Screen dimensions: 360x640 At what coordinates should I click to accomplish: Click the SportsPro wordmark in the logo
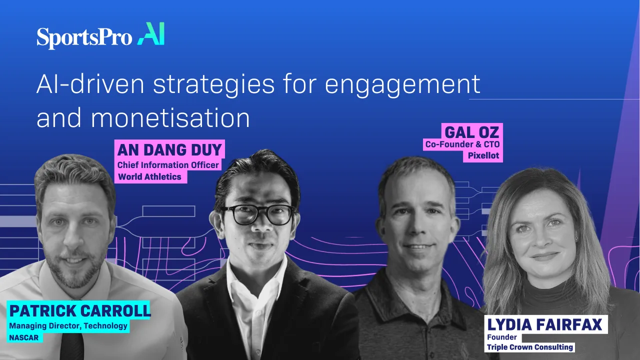(84, 38)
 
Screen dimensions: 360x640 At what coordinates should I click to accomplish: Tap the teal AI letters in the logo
(151, 34)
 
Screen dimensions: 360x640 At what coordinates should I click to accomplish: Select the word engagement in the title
(402, 84)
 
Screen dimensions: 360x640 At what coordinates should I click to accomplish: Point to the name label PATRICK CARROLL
(79, 310)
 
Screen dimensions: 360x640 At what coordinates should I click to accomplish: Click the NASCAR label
(24, 337)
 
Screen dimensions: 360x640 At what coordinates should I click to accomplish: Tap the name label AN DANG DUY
(170, 149)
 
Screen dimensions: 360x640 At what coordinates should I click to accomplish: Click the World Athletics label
(149, 176)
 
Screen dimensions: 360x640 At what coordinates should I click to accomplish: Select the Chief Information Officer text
(168, 165)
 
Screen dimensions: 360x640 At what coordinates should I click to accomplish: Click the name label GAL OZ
(471, 132)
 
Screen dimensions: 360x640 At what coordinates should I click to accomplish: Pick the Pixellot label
(483, 155)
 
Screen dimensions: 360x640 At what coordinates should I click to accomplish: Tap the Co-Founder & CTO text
(461, 144)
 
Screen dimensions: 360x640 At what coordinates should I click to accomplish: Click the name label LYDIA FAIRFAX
(544, 325)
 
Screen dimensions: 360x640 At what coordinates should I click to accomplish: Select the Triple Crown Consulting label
(530, 347)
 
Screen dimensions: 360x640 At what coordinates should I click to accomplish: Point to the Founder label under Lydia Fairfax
(501, 337)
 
